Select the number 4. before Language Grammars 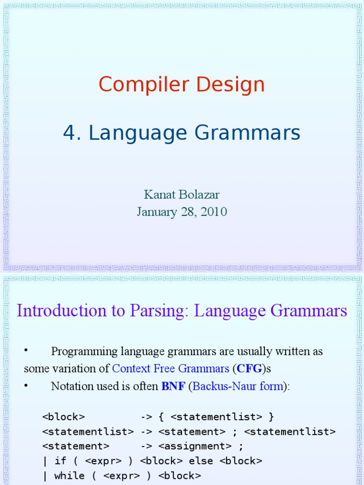tap(73, 134)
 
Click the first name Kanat tap(158, 195)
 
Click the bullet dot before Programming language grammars tap(27, 350)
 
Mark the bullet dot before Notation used tap(27, 385)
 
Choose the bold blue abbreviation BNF tap(173, 386)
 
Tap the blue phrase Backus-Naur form tap(238, 386)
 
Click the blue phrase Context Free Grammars tap(171, 368)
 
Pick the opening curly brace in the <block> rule tap(161, 417)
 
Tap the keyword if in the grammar tap(60, 461)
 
